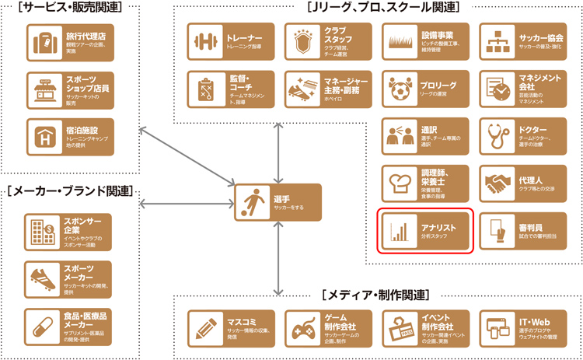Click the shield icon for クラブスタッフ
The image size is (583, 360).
coord(302,41)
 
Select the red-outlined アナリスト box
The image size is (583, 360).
coord(425,230)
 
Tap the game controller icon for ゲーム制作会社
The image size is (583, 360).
coord(302,329)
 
